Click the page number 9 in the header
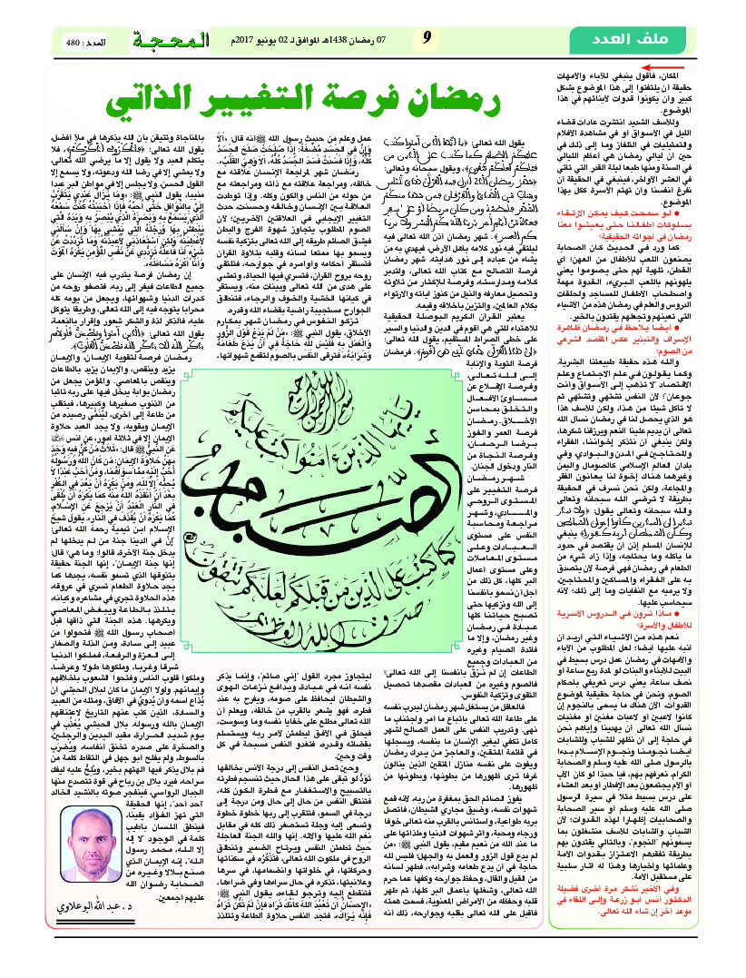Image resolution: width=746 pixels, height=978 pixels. (x=426, y=39)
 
